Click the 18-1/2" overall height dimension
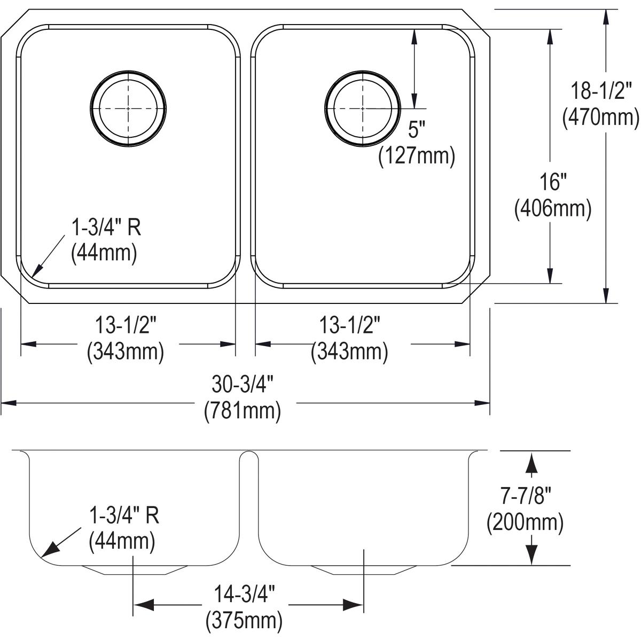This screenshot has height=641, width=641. tap(601, 91)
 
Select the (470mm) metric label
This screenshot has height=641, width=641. tap(601, 117)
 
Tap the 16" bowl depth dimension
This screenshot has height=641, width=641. tap(553, 182)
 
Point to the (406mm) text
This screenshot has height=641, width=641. tap(553, 208)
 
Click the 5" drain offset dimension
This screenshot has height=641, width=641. tap(417, 129)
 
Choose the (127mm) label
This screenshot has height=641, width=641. tap(417, 155)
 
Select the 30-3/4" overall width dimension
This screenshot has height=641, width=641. tap(243, 384)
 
